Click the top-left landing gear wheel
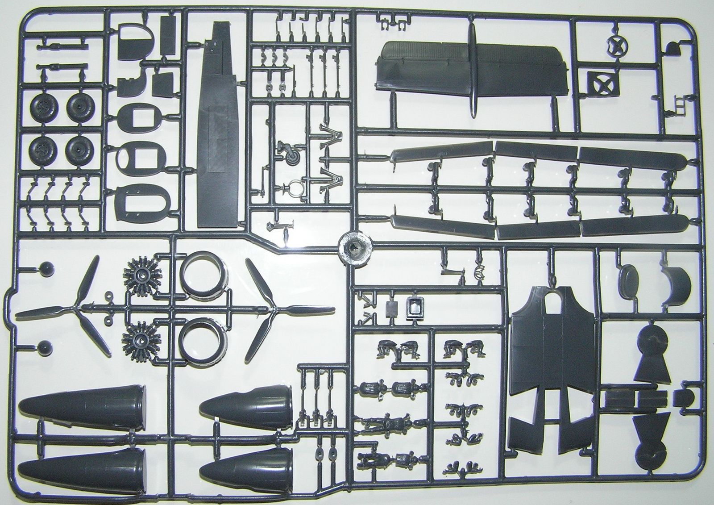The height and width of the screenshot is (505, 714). point(43,107)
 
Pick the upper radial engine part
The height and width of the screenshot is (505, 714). point(141,273)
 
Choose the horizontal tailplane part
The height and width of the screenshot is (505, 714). point(473,71)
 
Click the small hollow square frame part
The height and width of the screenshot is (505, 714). point(416,308)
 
